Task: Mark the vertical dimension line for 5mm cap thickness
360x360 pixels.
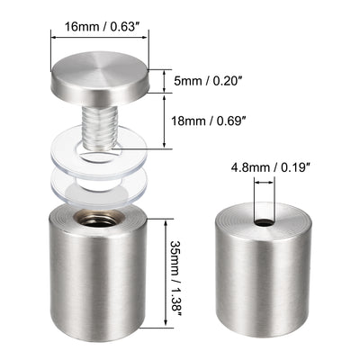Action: point(164,81)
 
